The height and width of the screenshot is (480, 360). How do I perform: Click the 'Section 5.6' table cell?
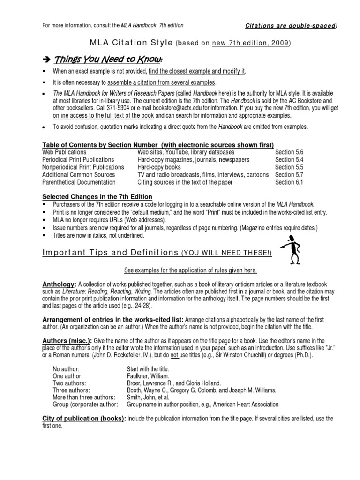[x=289, y=152]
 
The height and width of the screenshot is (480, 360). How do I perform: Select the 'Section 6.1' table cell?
[x=289, y=182]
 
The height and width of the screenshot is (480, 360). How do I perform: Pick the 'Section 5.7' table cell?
[x=289, y=175]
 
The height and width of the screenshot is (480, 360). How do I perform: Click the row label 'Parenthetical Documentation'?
[x=79, y=182]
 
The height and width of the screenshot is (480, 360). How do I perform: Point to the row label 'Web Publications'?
[x=64, y=152]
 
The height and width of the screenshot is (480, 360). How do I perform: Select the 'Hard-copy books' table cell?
[x=160, y=167]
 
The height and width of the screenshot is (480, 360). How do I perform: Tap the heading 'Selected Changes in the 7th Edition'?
[x=97, y=196]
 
